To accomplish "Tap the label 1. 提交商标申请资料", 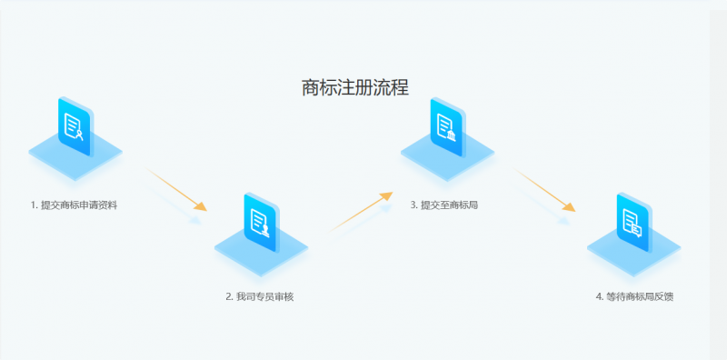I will pos(74,205).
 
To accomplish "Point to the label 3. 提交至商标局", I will pos(443,205).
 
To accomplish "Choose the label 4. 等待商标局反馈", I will pos(634,296).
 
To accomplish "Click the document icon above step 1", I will pos(75,125).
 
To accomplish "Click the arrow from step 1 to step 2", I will pos(176,189).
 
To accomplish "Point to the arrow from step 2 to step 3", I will pos(361,210).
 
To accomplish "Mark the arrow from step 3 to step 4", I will pos(544,189).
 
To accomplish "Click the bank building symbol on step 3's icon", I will pos(452,135).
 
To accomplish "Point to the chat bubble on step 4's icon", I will pos(638,230).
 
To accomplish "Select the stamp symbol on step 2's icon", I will pos(266,229).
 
